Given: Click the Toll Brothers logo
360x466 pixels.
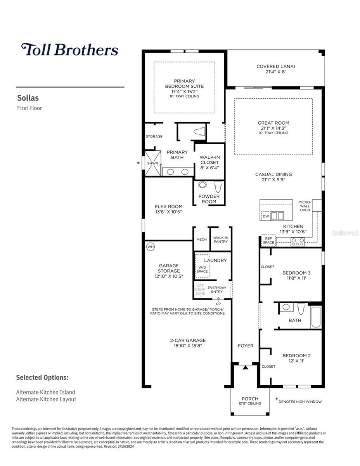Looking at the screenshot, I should coord(70,49).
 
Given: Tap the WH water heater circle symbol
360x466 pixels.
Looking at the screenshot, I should coord(150,247).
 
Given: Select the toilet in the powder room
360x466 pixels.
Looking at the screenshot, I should coord(218,187).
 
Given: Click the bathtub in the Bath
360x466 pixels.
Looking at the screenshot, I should coord(315,317).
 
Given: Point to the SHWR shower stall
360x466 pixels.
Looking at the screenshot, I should coord(152,163).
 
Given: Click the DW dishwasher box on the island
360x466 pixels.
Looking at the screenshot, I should coord(266,216).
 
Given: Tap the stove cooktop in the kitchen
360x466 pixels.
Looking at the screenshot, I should coord(298,242).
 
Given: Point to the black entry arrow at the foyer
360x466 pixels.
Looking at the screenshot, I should coord(245,367).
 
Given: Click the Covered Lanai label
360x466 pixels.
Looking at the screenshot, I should coord(275,66).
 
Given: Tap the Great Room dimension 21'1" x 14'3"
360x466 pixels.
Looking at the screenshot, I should coord(273,128).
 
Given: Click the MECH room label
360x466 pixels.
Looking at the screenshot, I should coord(201,240).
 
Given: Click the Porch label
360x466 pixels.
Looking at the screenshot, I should coord(250,399).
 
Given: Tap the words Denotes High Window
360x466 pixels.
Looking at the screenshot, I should coord(300,402).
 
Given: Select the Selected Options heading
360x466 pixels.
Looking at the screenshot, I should coord(42,377).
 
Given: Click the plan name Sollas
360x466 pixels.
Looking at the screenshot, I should coord(28,98).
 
